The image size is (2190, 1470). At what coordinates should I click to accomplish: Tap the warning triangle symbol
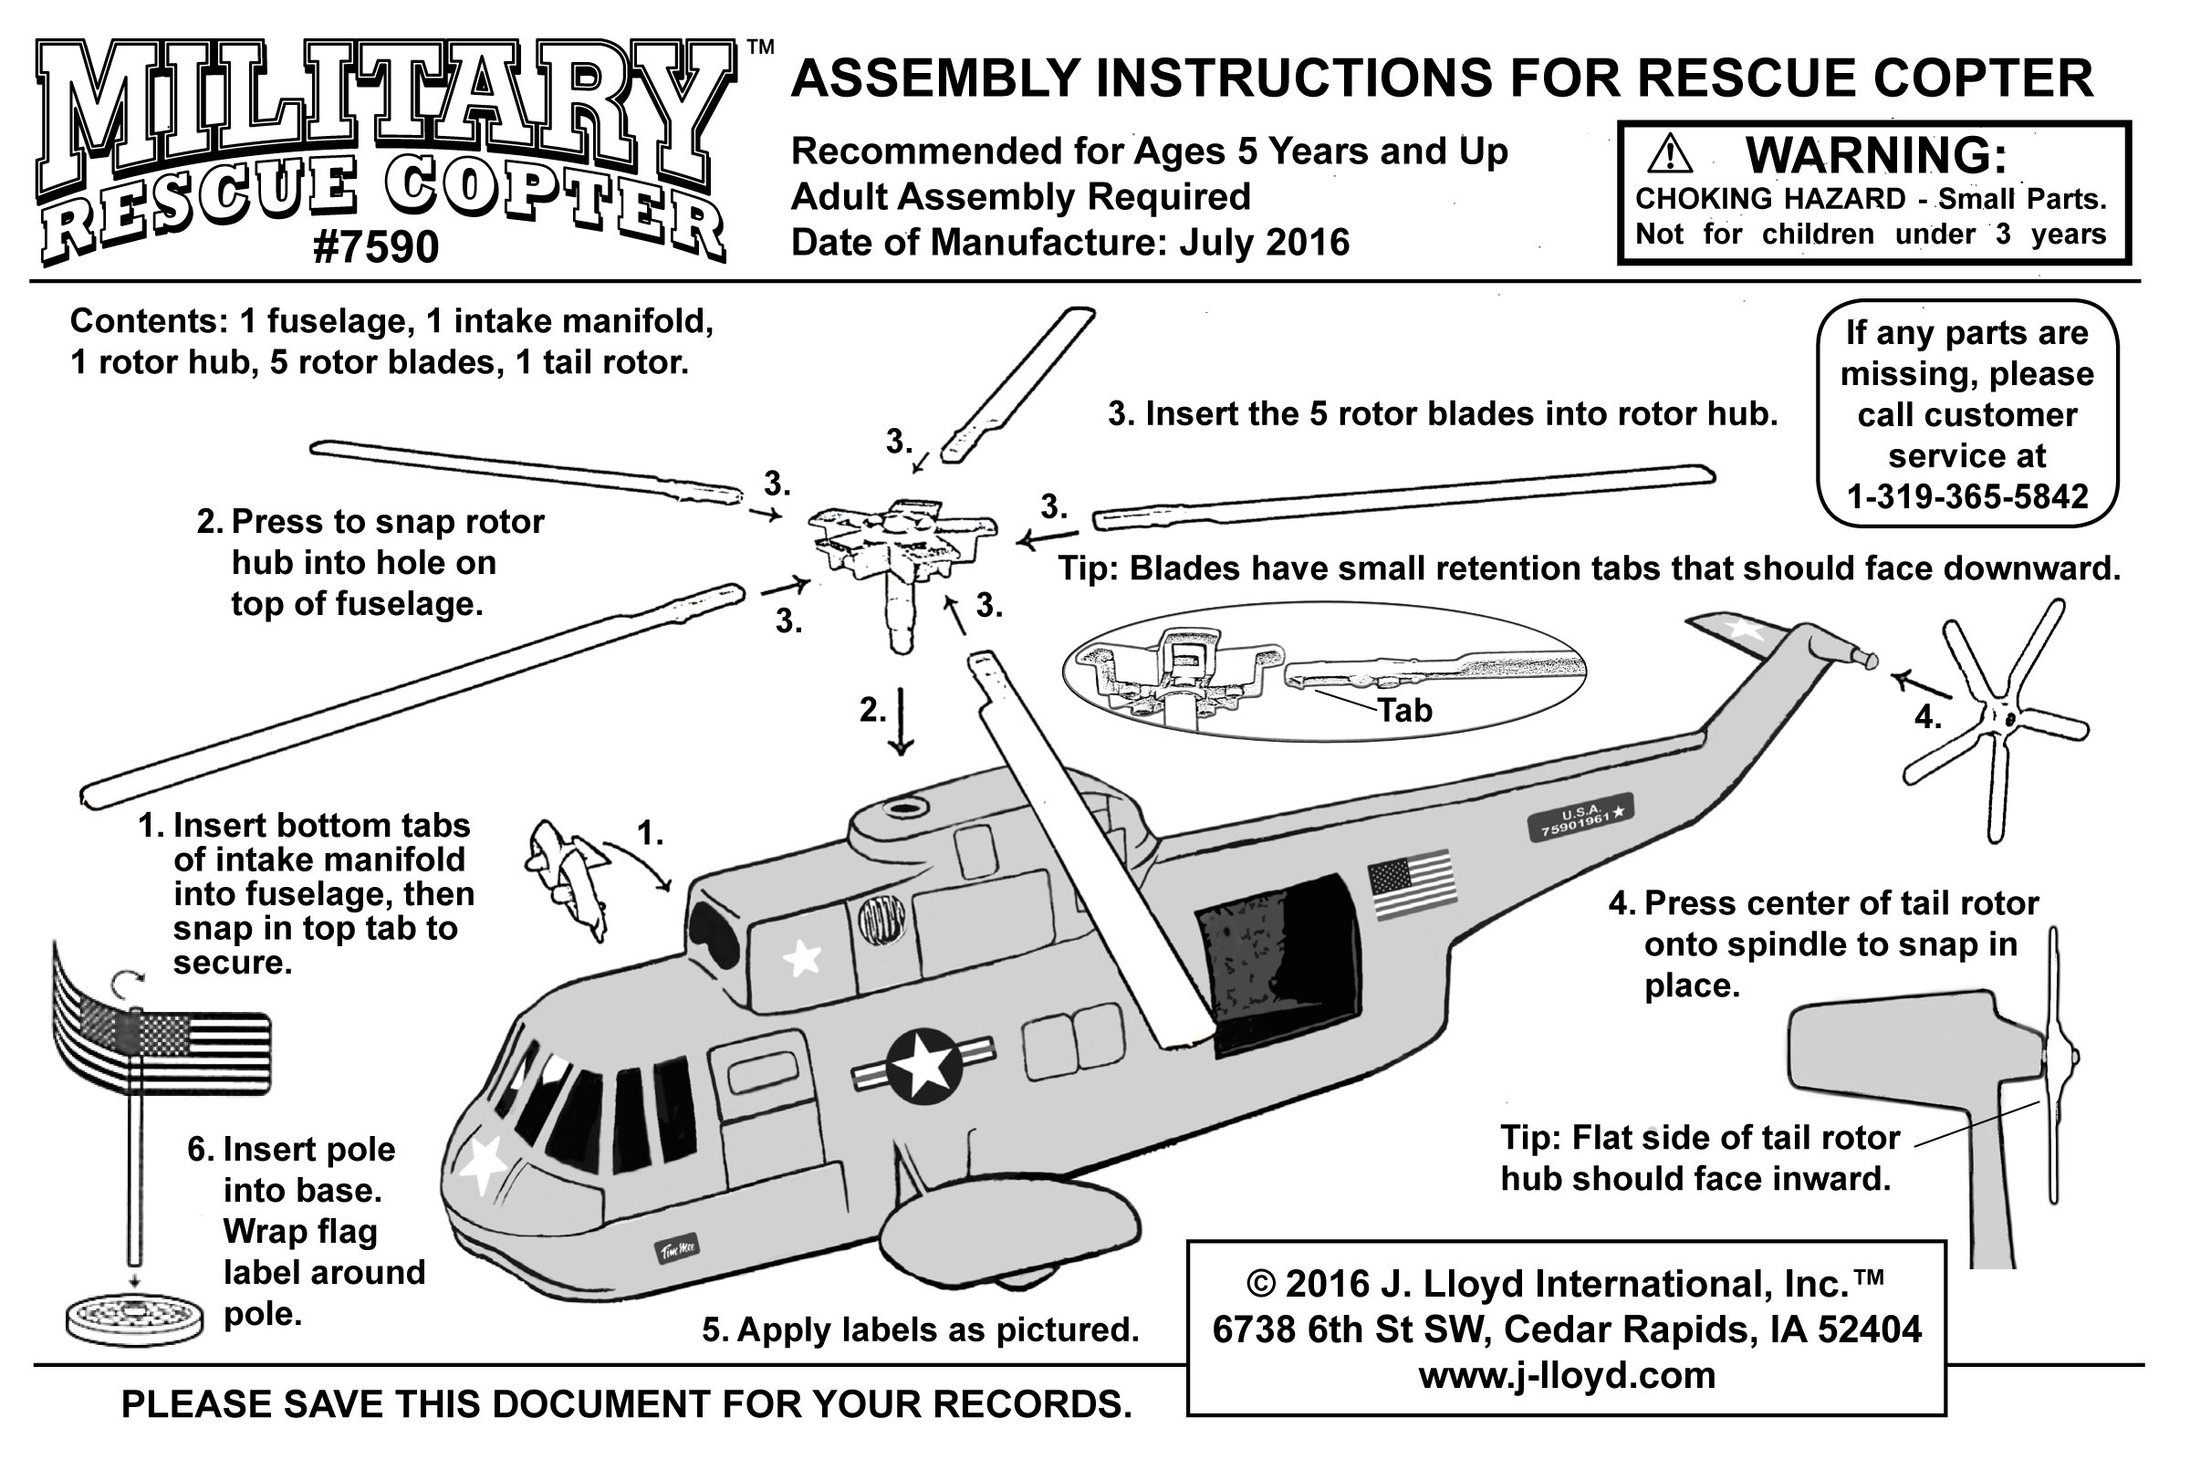point(1670,156)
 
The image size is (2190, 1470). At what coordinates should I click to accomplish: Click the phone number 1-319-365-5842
point(1966,496)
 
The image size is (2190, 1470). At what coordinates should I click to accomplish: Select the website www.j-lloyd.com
point(1566,1375)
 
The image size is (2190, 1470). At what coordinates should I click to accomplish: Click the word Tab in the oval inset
point(1403,711)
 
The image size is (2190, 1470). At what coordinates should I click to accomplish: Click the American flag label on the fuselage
point(1412,884)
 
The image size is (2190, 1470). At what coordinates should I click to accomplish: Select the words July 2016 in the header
point(1264,243)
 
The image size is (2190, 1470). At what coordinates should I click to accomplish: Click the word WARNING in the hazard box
point(1875,156)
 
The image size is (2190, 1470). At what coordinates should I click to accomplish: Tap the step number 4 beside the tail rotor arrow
point(1926,718)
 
